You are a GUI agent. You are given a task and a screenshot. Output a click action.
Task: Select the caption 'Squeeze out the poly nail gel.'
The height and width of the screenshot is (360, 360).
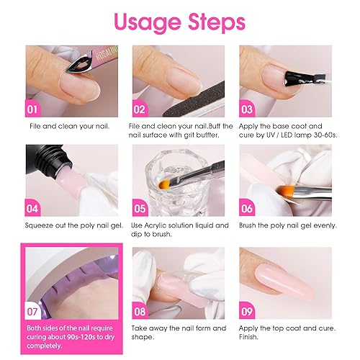(71, 226)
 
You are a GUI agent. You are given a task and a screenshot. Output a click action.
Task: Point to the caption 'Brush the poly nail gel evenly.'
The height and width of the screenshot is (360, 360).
(283, 226)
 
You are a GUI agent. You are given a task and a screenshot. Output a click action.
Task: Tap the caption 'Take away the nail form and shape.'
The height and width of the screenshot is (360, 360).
(176, 332)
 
